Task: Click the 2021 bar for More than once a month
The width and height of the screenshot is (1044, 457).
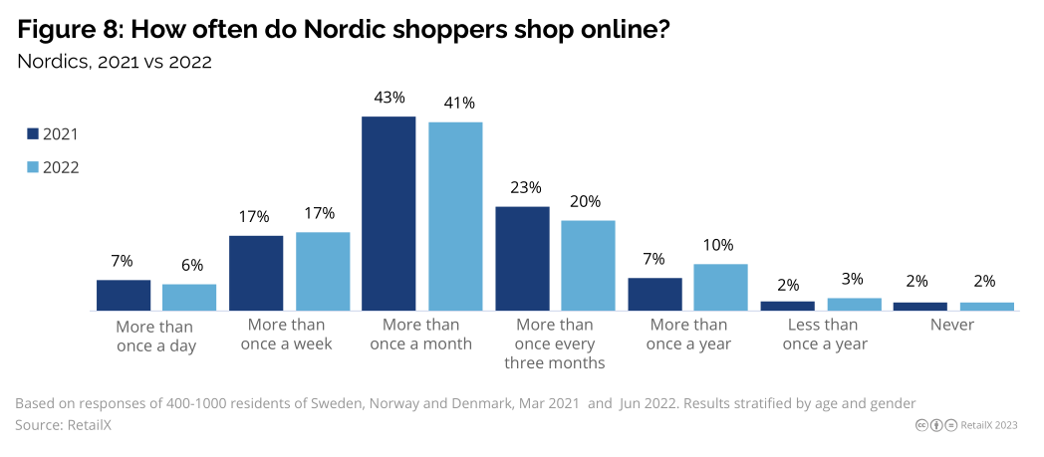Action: [x=389, y=213]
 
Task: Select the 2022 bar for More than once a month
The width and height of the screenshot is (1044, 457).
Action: [x=455, y=216]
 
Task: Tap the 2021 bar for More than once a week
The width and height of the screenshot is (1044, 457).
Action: [x=256, y=273]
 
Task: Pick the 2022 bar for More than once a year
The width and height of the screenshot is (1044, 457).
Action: [x=720, y=287]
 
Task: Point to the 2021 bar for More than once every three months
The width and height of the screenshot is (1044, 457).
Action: [x=522, y=258]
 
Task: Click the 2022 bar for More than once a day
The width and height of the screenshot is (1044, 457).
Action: [x=189, y=297]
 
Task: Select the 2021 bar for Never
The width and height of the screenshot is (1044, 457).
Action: [x=919, y=306]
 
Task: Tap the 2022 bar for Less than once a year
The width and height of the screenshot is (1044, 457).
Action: [x=854, y=304]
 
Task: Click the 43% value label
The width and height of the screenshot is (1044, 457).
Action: [x=389, y=98]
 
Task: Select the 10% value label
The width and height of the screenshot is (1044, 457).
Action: [x=717, y=245]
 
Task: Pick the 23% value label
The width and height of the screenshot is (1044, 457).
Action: [x=525, y=187]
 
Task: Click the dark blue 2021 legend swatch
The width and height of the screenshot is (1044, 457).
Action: [x=32, y=134]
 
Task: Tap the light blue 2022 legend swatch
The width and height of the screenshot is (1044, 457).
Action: [x=32, y=167]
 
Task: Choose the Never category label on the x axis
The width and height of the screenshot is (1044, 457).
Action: [x=951, y=326]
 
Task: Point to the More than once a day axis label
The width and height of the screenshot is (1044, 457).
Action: [x=154, y=336]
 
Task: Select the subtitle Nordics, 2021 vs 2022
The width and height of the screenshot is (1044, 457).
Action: [x=115, y=62]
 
